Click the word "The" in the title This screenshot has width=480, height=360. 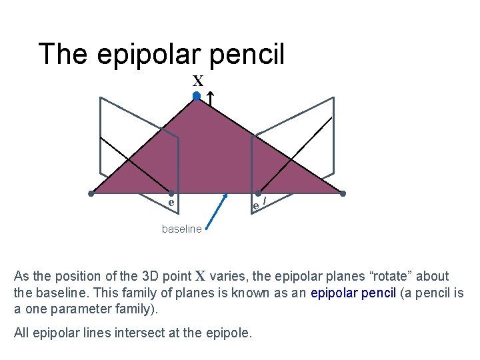[63, 54]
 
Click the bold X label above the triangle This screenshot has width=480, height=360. [198, 81]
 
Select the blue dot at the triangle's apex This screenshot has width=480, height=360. [197, 97]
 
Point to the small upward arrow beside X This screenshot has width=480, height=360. [209, 99]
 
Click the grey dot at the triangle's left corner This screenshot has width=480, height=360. [92, 194]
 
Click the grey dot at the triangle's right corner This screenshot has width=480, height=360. [343, 194]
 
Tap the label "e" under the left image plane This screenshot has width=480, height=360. [171, 202]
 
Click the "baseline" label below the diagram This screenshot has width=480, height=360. [181, 229]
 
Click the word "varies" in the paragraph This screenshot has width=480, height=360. [227, 276]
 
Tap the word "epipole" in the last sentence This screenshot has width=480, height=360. [229, 333]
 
